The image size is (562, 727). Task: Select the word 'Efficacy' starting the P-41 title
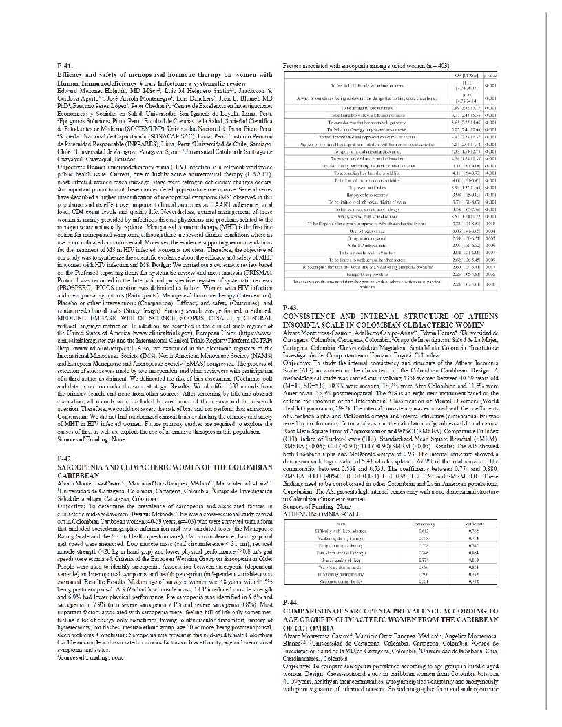[x=73, y=72]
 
